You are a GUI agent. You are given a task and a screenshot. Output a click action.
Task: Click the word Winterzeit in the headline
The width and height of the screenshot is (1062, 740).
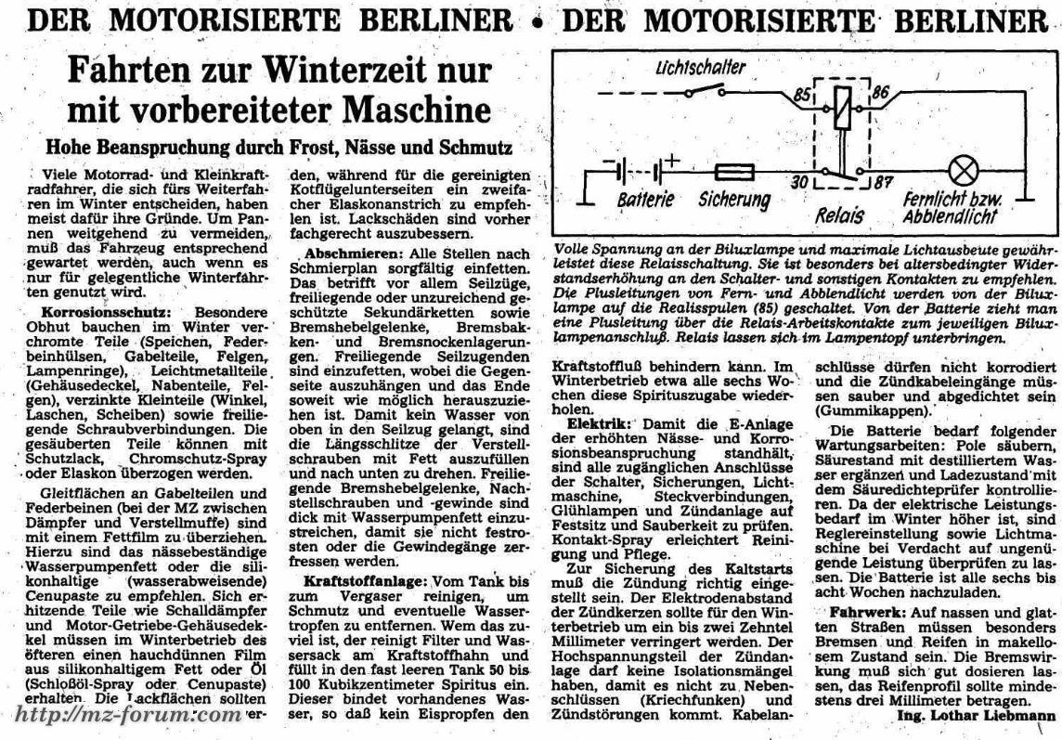pyautogui.click(x=305, y=71)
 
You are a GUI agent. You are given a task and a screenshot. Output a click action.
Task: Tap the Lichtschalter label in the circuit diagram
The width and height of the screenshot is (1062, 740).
pyautogui.click(x=701, y=69)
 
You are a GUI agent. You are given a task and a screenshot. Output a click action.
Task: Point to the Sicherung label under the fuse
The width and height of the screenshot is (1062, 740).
pyautogui.click(x=734, y=200)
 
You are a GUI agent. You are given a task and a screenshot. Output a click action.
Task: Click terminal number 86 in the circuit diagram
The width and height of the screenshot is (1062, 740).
pyautogui.click(x=881, y=92)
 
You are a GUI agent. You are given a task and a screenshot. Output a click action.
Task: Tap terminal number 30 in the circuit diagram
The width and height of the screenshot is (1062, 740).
pyautogui.click(x=798, y=182)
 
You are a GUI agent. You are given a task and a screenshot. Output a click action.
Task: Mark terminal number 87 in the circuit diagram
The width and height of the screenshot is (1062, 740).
pyautogui.click(x=882, y=183)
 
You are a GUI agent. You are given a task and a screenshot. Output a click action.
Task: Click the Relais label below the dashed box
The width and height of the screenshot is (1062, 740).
pyautogui.click(x=839, y=216)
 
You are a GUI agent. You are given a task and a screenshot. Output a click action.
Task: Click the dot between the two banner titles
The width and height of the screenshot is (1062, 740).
pyautogui.click(x=536, y=20)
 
